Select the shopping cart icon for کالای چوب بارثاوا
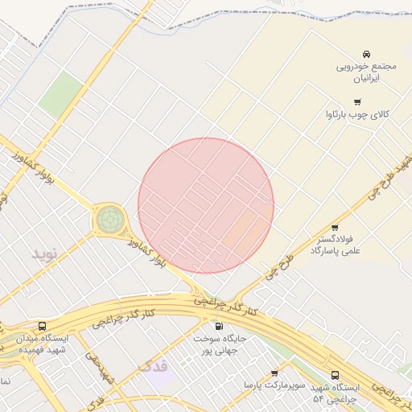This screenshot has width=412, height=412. (357, 102)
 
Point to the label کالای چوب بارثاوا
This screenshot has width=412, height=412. (356, 115)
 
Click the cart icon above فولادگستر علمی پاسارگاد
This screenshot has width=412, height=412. (335, 228)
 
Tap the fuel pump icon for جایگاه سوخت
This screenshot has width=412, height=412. (219, 327)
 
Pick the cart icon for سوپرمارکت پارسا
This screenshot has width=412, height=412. (274, 373)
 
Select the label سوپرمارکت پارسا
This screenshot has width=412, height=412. (275, 386)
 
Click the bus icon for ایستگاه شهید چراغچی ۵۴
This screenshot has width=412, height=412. (335, 375)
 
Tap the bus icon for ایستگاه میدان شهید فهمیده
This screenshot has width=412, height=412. (42, 326)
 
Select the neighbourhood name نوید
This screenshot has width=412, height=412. (45, 253)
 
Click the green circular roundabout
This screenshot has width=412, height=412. (110, 218)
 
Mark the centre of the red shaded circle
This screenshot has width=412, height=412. (206, 205)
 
